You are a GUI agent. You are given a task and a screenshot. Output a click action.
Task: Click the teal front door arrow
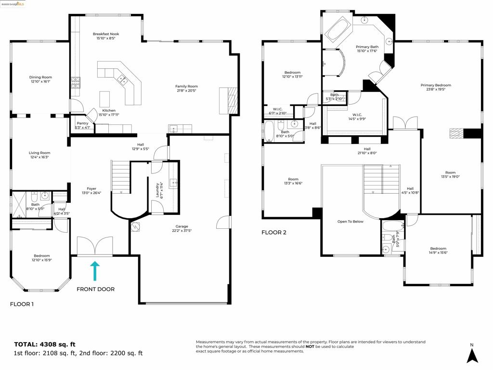95,271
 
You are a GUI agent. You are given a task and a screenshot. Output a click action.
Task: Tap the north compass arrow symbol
472,356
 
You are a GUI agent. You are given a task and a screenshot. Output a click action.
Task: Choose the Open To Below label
350,222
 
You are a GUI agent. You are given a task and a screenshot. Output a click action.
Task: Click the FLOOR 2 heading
274,232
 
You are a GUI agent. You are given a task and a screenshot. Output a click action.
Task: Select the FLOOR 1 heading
22,304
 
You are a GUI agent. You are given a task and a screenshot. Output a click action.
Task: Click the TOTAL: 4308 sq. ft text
45,344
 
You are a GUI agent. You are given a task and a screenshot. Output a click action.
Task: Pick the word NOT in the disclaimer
310,346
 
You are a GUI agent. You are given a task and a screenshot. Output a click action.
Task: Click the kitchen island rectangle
105,99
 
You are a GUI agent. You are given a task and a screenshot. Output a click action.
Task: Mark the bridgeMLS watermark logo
13,4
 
